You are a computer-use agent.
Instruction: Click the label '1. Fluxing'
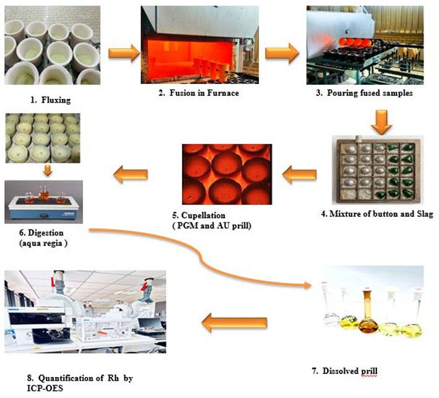tap(50, 100)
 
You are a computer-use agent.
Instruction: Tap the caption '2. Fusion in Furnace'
tap(199, 93)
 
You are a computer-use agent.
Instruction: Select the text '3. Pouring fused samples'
tap(364, 93)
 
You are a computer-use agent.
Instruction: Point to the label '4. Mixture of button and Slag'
tap(377, 214)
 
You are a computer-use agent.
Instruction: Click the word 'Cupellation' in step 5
tap(203, 215)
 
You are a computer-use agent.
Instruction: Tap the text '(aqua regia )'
tap(43, 243)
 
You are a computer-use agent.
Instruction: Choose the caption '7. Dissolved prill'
tap(345, 371)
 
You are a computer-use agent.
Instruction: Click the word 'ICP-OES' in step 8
tap(45, 388)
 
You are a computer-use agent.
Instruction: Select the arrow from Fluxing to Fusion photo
tap(124, 53)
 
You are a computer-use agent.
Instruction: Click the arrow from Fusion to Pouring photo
tap(282, 53)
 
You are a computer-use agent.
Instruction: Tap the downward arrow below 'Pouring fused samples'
tap(381, 122)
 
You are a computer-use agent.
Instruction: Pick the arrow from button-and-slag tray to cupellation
tap(299, 175)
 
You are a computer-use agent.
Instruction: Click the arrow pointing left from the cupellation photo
tap(131, 174)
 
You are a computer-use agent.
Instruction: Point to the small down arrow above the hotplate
tap(48, 171)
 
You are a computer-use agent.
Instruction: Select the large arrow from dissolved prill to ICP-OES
tap(234, 323)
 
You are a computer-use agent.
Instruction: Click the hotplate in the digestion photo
tap(43, 208)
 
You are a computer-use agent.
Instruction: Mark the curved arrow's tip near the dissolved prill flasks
tap(311, 286)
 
